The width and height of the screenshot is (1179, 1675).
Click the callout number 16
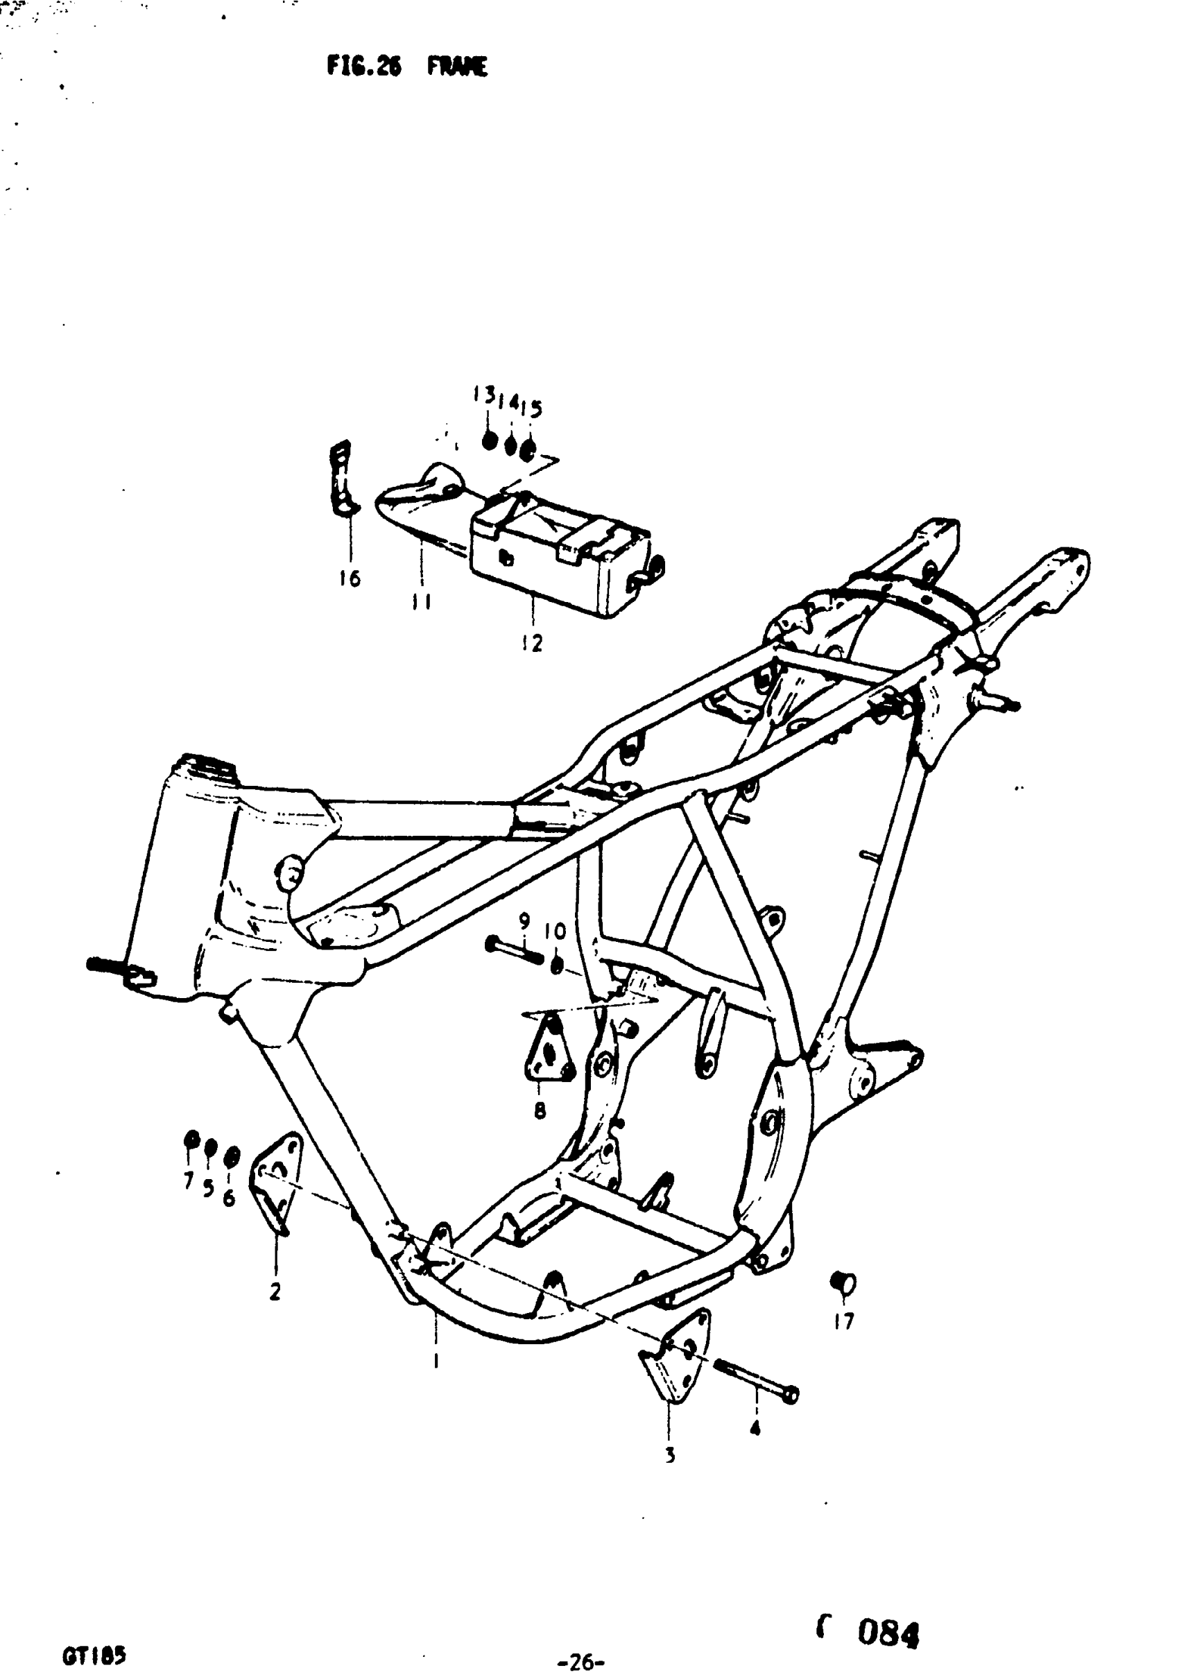pos(350,578)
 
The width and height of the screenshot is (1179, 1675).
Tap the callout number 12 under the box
pos(532,644)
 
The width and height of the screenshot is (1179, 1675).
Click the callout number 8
pos(540,1110)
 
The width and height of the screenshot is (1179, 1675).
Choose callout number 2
pos(275,1292)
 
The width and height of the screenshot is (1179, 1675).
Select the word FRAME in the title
pos(457,68)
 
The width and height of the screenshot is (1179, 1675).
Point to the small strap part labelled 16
pos(341,478)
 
